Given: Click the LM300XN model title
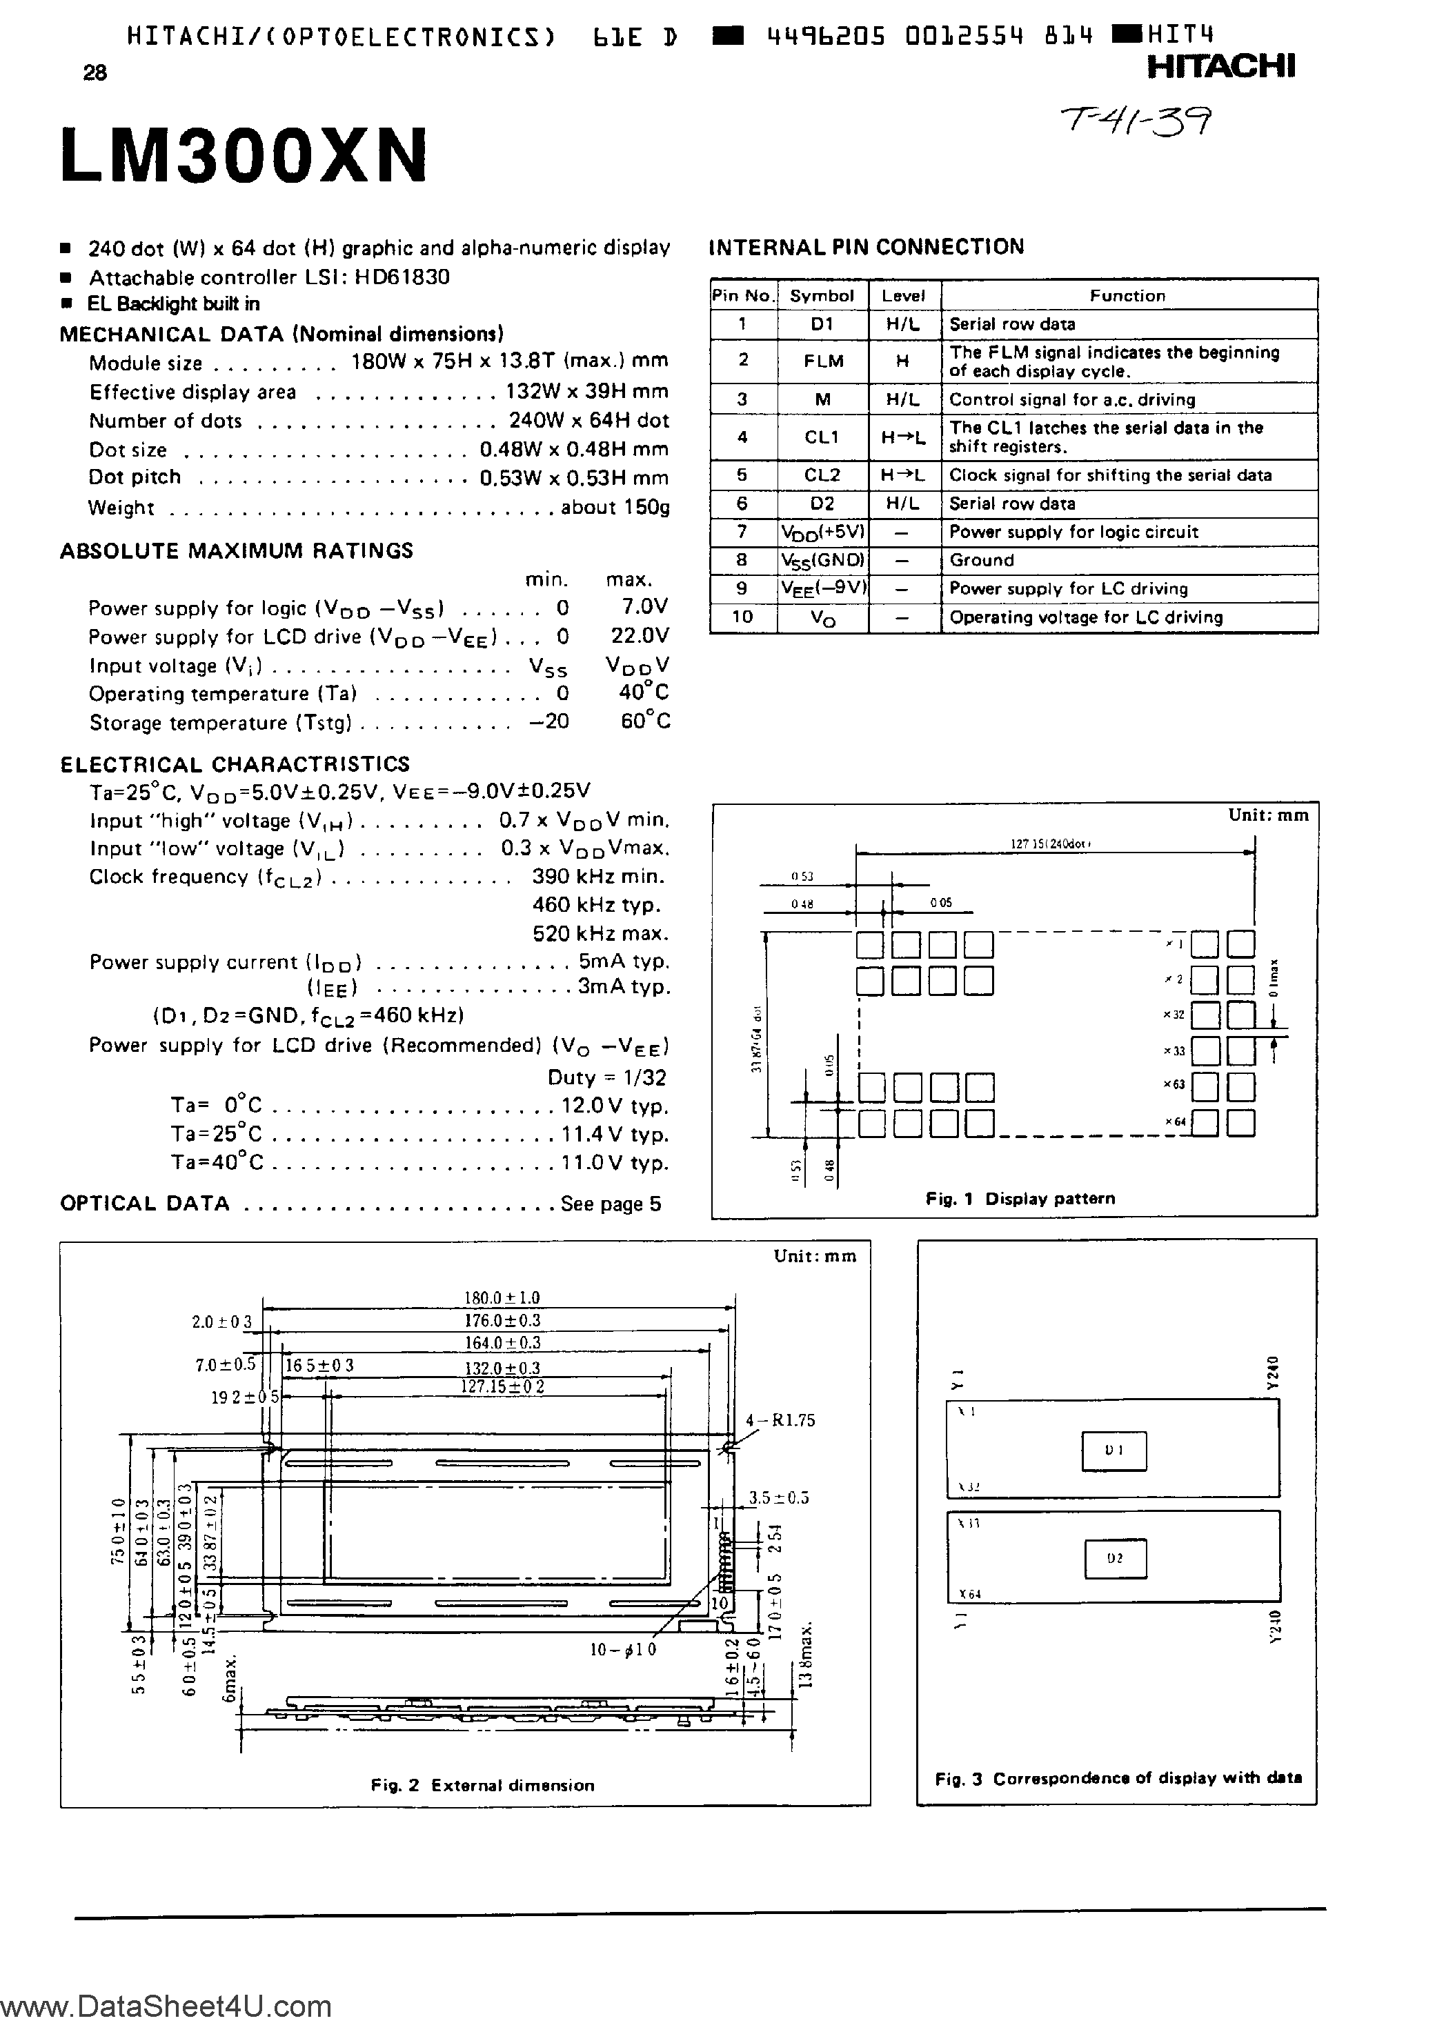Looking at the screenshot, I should (244, 157).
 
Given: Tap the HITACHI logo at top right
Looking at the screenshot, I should (1221, 66).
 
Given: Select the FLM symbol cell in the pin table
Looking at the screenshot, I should (822, 361).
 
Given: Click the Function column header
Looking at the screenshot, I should (1127, 296).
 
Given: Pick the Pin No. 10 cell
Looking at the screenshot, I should (742, 617).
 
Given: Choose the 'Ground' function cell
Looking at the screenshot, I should (981, 560).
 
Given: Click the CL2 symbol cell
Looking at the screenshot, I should (822, 475).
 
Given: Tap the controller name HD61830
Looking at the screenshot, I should (402, 277).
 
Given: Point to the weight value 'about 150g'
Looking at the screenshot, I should (615, 508).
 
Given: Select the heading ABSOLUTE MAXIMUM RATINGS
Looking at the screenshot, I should (236, 550).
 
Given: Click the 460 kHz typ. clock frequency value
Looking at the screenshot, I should (597, 905).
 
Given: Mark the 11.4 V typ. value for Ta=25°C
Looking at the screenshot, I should (614, 1135).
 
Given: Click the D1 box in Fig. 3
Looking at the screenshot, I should (1114, 1451).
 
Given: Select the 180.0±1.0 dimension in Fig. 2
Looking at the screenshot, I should (502, 1297).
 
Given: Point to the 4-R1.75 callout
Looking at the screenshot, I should (780, 1421).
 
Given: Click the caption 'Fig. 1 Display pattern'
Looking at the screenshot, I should (1020, 1199).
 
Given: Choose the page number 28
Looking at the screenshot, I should (95, 73).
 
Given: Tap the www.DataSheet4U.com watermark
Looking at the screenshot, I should (166, 2005).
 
